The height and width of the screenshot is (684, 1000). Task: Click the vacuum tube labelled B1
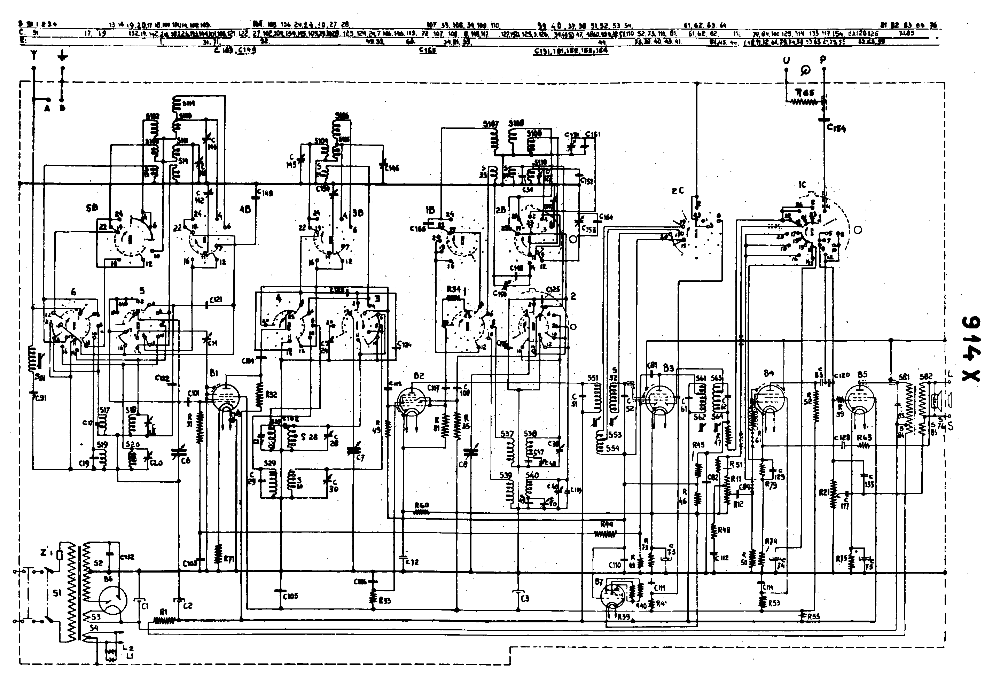pyautogui.click(x=226, y=397)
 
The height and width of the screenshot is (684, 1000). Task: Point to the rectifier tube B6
pyautogui.click(x=113, y=601)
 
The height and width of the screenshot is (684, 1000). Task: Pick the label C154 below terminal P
pyautogui.click(x=836, y=127)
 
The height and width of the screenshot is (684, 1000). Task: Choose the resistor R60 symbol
pyautogui.click(x=422, y=513)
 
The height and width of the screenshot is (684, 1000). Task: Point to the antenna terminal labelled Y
pyautogui.click(x=33, y=56)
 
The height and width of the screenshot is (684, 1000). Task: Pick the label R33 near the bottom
pyautogui.click(x=385, y=600)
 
